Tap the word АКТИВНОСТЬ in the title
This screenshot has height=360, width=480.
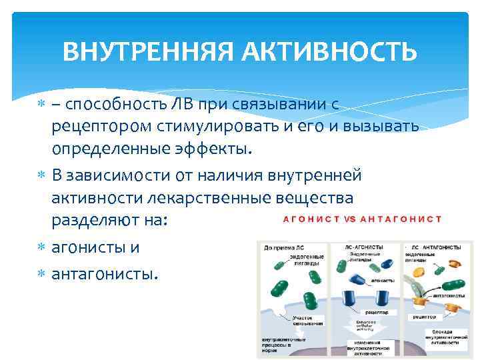pos(339,51)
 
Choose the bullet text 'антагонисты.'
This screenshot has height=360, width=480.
pos(105,273)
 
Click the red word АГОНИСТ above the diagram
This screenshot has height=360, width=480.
pos(312,219)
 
